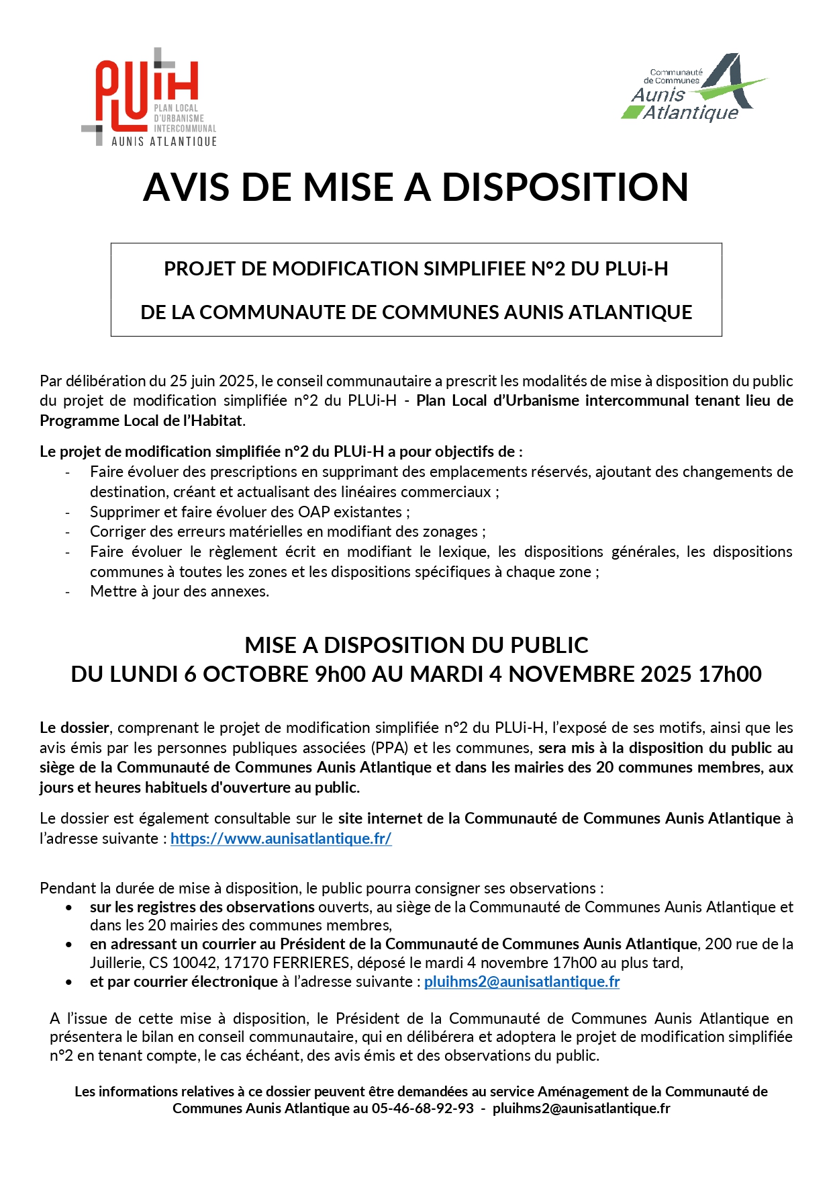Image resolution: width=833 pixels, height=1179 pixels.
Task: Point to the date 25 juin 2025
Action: pyautogui.click(x=211, y=381)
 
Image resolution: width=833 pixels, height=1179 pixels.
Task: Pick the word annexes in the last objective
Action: pyautogui.click(x=240, y=592)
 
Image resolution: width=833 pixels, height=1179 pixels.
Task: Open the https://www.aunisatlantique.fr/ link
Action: pyautogui.click(x=281, y=838)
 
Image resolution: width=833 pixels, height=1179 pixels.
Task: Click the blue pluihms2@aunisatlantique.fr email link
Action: pyautogui.click(x=522, y=981)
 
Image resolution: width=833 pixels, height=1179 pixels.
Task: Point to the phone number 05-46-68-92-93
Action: pyautogui.click(x=422, y=1108)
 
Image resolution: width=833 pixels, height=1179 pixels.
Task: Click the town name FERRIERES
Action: pyautogui.click(x=303, y=963)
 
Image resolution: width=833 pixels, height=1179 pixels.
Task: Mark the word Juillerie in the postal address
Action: pyautogui.click(x=117, y=963)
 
